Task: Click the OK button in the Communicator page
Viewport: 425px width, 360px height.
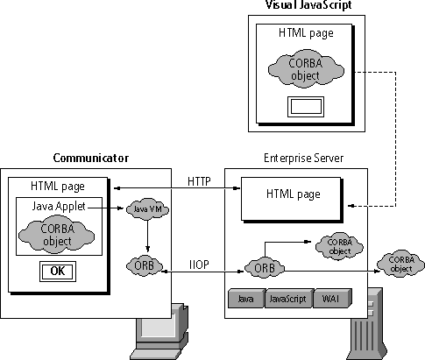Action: click(58, 272)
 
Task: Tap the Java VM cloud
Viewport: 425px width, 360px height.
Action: click(147, 209)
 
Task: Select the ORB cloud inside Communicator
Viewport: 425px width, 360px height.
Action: click(145, 266)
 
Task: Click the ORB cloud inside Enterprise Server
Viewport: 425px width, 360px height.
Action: click(265, 268)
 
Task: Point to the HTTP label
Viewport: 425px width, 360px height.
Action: click(199, 181)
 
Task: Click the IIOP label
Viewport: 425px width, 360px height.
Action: click(199, 265)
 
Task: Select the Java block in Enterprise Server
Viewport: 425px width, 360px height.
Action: click(247, 298)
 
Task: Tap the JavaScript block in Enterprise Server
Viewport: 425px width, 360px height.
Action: click(289, 298)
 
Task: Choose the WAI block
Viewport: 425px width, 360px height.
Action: click(332, 298)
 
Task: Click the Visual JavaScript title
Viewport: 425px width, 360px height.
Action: click(308, 5)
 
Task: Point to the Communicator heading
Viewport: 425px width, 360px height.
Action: click(91, 158)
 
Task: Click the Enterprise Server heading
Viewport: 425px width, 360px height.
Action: click(304, 158)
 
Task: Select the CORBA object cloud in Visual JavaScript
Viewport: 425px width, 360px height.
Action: click(306, 69)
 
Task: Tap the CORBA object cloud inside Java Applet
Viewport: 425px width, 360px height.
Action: click(57, 235)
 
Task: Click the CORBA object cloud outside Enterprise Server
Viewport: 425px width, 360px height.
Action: click(401, 264)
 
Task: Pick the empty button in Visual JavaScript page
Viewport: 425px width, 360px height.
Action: click(306, 107)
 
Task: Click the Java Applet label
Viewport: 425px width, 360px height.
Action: click(59, 206)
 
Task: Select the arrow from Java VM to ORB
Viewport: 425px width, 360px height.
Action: click(147, 236)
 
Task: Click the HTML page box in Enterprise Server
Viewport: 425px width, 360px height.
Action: click(292, 200)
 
